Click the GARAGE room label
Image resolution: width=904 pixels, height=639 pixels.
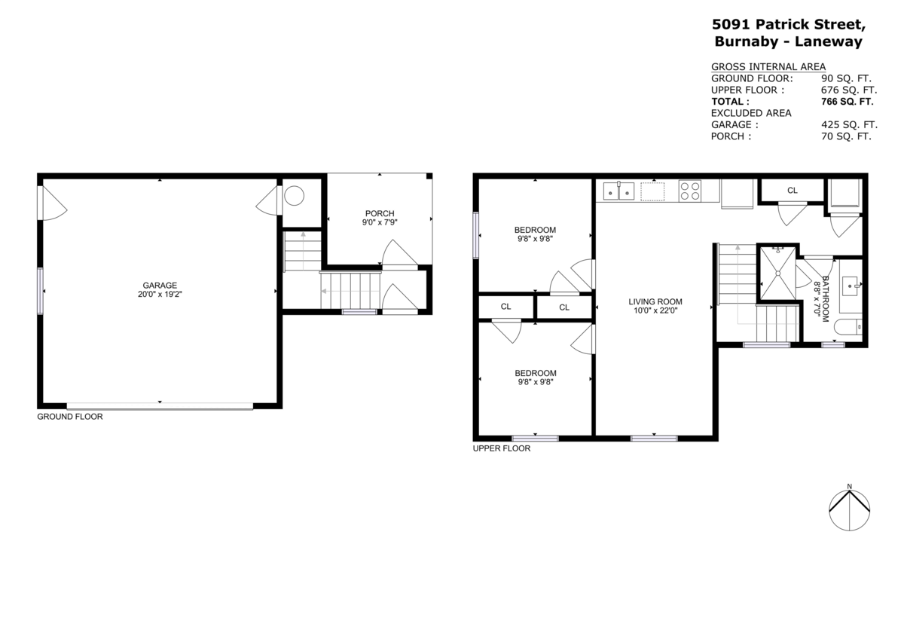click(x=160, y=285)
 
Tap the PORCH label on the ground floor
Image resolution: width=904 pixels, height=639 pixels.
click(x=380, y=213)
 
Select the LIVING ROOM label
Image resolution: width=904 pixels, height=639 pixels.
click(x=655, y=301)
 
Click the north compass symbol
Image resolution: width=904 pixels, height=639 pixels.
click(x=849, y=509)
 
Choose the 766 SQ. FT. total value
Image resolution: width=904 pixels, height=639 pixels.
click(x=847, y=101)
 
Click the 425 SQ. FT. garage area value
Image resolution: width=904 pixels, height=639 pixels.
click(x=849, y=124)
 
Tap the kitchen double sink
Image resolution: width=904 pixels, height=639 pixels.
click(x=618, y=191)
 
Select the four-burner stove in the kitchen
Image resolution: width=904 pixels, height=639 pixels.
click(x=689, y=191)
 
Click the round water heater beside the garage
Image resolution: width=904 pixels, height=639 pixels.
click(x=294, y=196)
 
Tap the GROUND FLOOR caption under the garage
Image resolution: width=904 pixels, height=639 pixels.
click(x=70, y=416)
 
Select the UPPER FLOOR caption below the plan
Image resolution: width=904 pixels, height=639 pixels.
click(x=502, y=448)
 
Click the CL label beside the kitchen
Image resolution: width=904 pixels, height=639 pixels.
click(x=792, y=191)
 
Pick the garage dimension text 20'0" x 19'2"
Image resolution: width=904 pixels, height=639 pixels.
click(x=160, y=295)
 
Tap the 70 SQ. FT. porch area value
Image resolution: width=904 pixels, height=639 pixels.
click(x=846, y=136)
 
